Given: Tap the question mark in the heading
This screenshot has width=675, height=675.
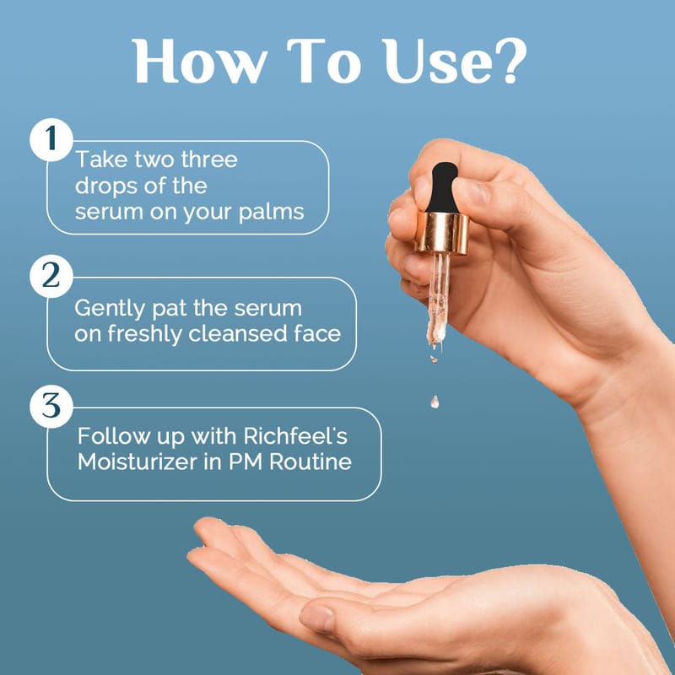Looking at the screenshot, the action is (511, 61).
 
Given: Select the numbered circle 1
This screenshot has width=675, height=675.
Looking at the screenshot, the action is (51, 139).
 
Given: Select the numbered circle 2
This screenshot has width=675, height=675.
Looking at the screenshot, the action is (51, 276).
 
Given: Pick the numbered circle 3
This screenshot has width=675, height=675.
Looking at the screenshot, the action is (51, 406).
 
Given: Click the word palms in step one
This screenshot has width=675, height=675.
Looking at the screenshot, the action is (271, 213).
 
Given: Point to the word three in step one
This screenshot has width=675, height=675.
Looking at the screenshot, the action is (209, 159).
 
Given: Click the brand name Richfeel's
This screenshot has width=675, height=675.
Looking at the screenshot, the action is (295, 435).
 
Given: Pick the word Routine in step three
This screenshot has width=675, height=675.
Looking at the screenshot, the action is (310, 462).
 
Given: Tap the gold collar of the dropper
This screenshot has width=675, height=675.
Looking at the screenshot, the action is (442, 233).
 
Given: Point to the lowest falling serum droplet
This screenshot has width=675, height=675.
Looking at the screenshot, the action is (435, 402).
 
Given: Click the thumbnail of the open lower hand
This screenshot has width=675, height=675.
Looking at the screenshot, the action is (317, 618).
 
